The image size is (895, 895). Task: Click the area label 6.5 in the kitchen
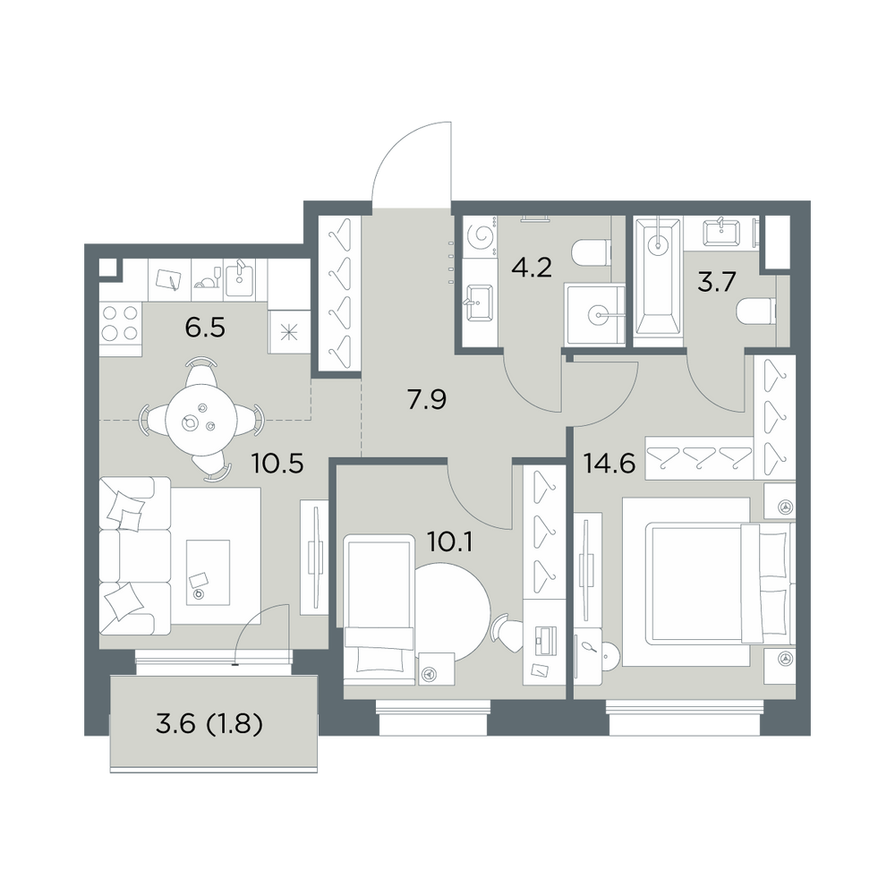[205, 328]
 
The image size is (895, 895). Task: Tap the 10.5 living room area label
[277, 464]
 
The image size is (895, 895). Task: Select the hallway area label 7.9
[426, 399]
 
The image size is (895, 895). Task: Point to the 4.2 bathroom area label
[532, 267]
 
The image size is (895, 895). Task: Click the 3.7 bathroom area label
[717, 282]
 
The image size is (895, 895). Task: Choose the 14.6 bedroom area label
[609, 464]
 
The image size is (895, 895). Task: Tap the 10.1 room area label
[450, 541]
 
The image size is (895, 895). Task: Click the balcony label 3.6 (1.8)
[209, 724]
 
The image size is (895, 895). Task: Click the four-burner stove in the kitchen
[120, 322]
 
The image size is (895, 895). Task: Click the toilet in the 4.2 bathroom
[590, 252]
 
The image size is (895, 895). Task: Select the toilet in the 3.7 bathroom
[757, 312]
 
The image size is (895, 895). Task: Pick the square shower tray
[595, 314]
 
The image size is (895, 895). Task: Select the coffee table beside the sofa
[208, 572]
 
